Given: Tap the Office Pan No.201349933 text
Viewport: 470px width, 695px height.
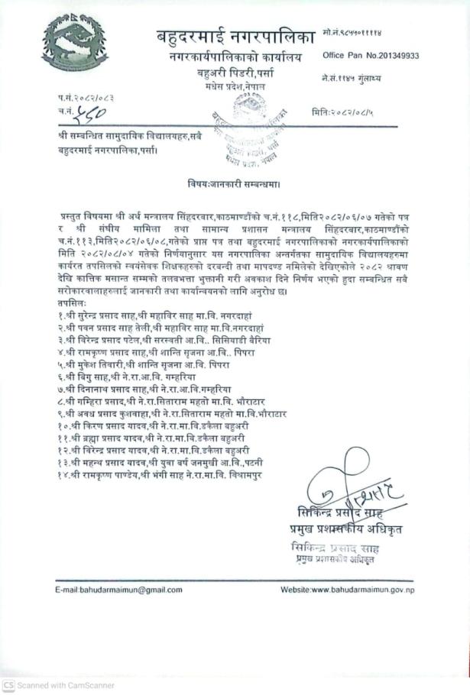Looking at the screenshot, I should click(371, 55).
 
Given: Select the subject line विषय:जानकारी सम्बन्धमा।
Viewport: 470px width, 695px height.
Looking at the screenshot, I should click(234, 183).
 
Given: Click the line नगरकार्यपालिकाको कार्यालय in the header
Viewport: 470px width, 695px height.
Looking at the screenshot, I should click(236, 57).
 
